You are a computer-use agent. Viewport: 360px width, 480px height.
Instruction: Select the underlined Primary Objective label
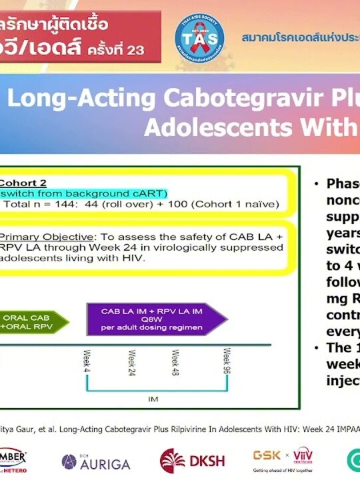click(x=46, y=236)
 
